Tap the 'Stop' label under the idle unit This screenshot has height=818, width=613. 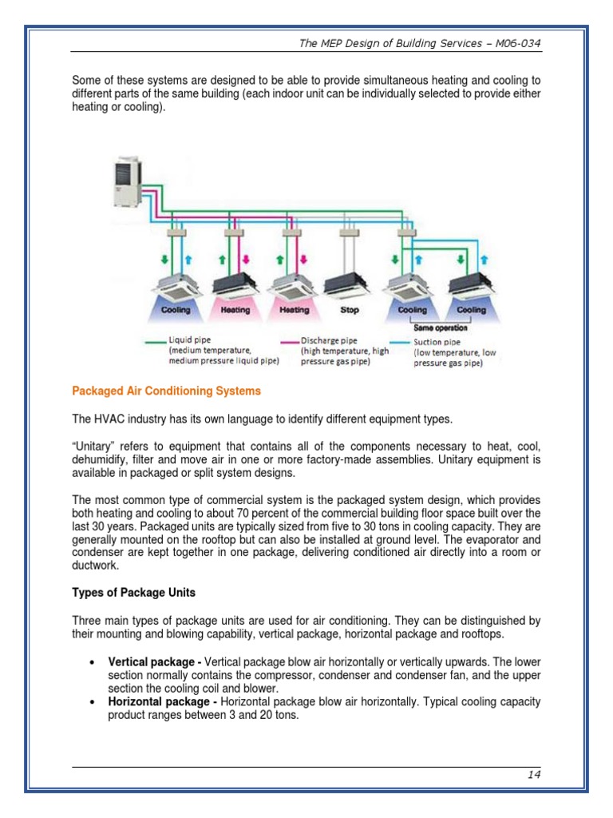(350, 310)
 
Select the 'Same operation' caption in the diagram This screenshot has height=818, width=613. (441, 328)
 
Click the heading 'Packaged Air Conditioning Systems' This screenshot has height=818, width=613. (166, 391)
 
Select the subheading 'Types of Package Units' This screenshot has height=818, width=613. (134, 593)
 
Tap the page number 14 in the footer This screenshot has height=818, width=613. (534, 775)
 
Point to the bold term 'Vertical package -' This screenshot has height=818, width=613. (155, 662)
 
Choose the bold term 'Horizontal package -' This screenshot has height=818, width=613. (163, 702)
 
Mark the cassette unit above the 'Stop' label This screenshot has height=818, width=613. (349, 284)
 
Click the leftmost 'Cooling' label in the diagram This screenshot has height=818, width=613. (175, 310)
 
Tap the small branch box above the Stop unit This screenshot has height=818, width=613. (348, 233)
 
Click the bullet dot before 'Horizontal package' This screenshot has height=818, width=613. (94, 703)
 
